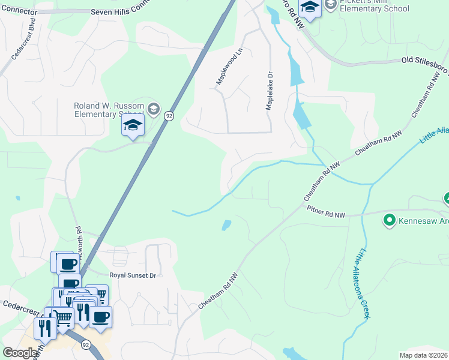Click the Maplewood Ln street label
click(229, 67)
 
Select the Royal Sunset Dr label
click(132, 275)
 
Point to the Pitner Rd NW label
click(326, 214)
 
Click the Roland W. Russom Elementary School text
click(109, 110)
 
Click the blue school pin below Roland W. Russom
click(133, 125)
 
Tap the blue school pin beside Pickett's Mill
click(310, 7)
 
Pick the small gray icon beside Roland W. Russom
click(153, 109)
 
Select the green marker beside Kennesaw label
click(390, 221)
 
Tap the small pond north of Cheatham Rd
click(226, 226)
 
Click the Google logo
click(20, 353)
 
